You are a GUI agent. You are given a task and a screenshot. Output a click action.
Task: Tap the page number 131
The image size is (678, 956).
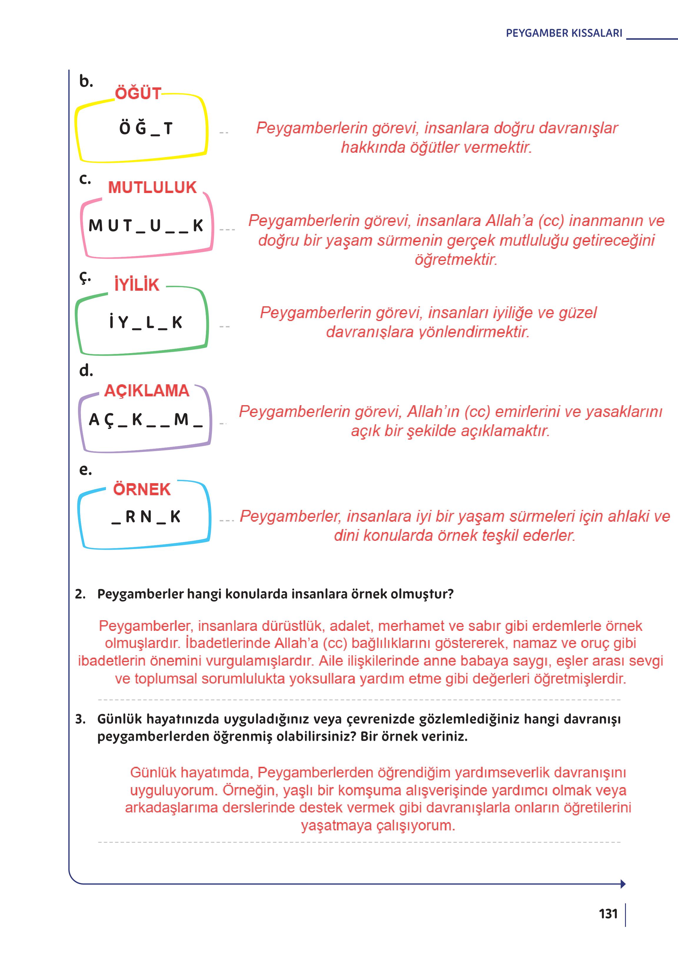tap(608, 914)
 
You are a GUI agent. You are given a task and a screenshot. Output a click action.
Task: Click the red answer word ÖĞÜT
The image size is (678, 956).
tap(138, 93)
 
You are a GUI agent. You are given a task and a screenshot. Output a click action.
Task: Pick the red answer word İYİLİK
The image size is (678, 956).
tap(137, 285)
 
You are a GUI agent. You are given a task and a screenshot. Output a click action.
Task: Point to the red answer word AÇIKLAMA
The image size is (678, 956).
tap(147, 391)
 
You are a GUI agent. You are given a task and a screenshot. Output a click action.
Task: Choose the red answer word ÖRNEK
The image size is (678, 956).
tap(142, 489)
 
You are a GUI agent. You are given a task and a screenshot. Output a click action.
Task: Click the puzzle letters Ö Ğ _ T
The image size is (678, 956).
tap(145, 129)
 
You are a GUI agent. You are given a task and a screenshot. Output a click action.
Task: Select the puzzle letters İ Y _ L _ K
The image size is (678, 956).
tap(145, 322)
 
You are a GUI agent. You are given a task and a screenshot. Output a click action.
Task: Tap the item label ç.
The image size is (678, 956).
tap(85, 277)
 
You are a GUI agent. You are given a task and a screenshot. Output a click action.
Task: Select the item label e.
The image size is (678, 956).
tap(85, 470)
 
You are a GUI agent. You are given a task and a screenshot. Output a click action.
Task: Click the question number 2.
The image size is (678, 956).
tap(80, 594)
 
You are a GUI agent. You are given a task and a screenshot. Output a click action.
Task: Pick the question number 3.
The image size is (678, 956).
tap(80, 719)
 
